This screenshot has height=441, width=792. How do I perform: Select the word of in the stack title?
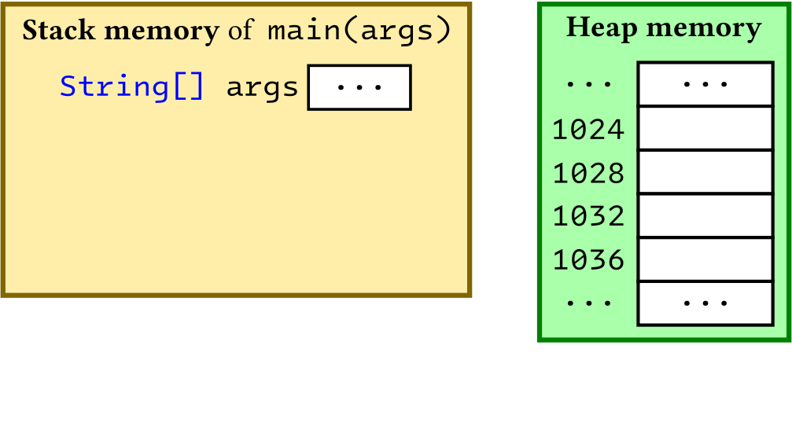coord(242,31)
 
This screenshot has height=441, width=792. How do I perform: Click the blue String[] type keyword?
coord(132,86)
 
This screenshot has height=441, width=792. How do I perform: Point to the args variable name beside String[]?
coord(263,86)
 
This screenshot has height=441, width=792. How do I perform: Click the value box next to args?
coord(359,87)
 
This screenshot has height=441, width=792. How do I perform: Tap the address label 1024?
coord(588,129)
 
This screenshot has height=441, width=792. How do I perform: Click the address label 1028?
coord(588,173)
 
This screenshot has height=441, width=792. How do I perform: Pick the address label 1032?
coord(588,216)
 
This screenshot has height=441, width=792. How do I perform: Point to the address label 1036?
coord(588,259)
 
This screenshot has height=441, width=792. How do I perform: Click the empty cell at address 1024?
coord(705,128)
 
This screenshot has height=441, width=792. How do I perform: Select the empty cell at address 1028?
coord(705,172)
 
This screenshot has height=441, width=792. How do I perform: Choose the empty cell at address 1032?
coord(705,215)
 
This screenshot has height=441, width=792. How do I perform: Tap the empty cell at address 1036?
coord(705,259)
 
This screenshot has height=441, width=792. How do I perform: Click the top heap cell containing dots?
coord(705,84)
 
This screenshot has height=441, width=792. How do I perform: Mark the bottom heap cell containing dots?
coord(705,303)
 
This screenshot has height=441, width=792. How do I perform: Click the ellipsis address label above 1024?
coord(588,84)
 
